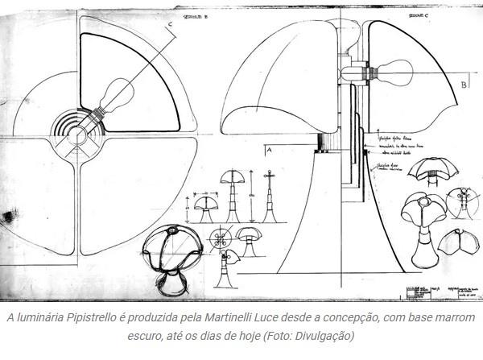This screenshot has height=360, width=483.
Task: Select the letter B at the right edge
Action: pos(464,84)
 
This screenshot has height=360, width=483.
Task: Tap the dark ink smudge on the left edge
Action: pos(9,215)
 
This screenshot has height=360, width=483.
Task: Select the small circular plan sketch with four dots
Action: pos(220,239)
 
